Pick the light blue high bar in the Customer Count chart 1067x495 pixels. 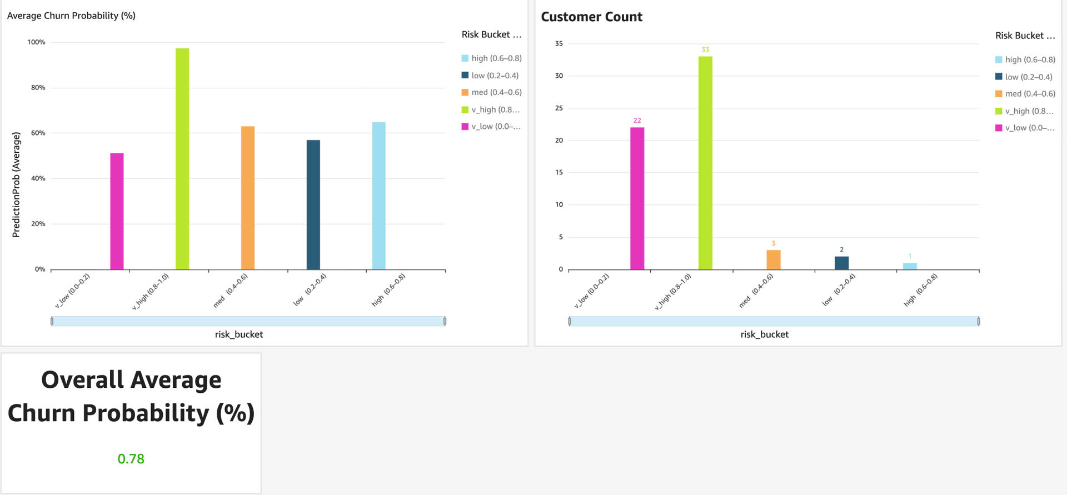tap(910, 266)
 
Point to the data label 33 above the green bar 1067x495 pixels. tap(705, 49)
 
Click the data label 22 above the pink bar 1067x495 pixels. tap(637, 121)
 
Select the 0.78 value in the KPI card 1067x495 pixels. tap(131, 459)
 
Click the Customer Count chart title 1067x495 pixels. tap(591, 17)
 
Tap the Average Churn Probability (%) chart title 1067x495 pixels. tap(71, 16)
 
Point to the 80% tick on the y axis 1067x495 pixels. tap(38, 88)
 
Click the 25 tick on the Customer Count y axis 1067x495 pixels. tap(559, 108)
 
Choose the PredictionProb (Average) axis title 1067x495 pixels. tap(16, 184)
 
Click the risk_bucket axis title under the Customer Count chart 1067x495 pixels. tap(764, 334)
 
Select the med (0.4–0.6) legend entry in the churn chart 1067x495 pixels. tap(496, 92)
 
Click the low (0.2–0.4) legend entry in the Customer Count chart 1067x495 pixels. tap(1028, 77)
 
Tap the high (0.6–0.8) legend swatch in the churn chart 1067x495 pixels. tap(465, 58)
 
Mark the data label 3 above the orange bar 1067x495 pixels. tap(773, 243)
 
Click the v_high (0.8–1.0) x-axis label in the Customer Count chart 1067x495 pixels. tap(673, 292)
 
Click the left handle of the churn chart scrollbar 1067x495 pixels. tap(52, 321)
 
